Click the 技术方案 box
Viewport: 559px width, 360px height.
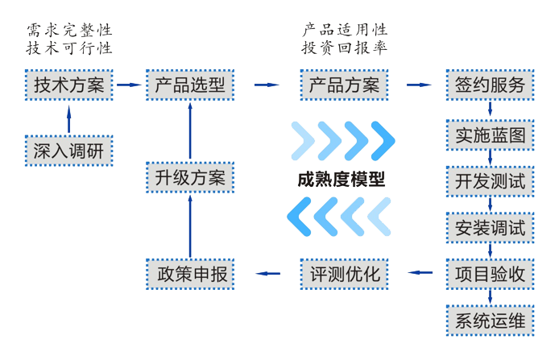point(68,85)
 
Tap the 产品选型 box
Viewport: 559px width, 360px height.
point(190,85)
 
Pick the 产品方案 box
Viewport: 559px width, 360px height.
point(344,85)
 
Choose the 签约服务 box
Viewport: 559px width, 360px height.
point(490,85)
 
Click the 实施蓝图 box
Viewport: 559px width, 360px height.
point(490,135)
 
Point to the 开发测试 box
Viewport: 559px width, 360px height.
point(490,181)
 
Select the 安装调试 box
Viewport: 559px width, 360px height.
point(490,228)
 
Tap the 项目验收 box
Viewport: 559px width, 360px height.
point(490,274)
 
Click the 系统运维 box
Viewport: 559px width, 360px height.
point(490,321)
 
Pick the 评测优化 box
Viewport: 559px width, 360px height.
point(344,274)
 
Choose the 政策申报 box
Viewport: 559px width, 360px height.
point(190,274)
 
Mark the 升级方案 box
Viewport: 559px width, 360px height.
point(190,177)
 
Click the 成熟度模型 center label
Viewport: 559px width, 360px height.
point(341,179)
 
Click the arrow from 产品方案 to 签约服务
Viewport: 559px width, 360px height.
point(419,85)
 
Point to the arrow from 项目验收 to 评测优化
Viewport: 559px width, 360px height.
point(419,274)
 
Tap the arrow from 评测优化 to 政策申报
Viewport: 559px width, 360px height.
point(267,274)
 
